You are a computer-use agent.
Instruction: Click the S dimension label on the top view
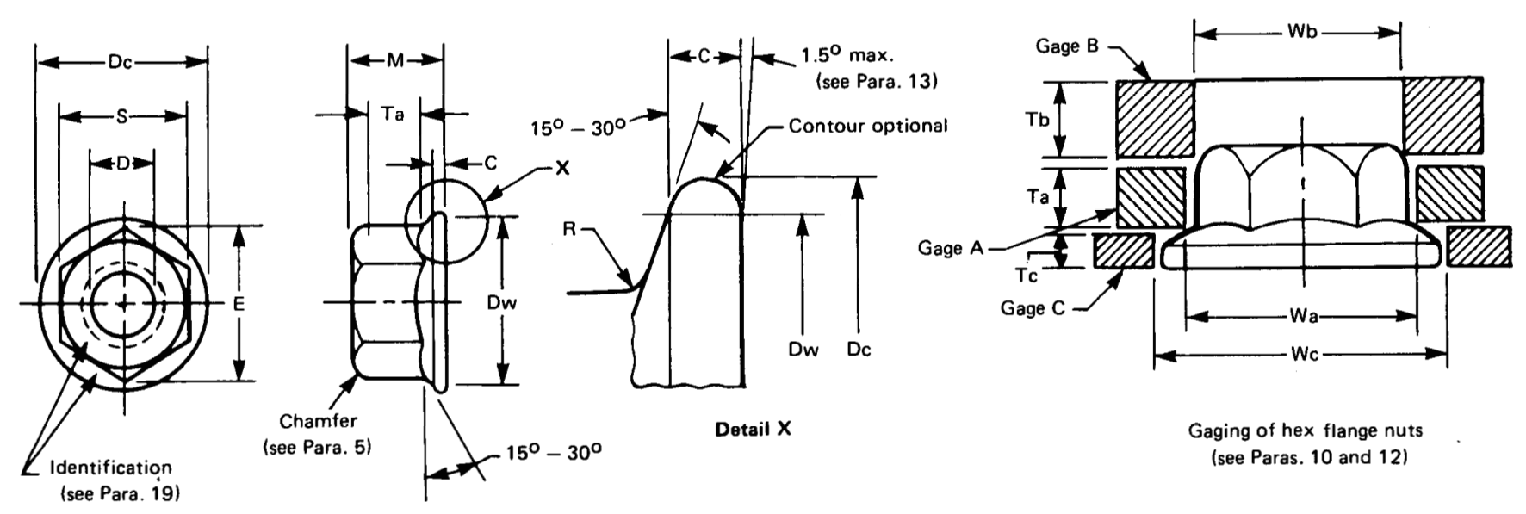click(121, 116)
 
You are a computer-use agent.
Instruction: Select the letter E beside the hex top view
click(239, 304)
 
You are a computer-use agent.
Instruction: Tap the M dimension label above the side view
click(394, 60)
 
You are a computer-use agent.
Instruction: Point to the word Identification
click(110, 468)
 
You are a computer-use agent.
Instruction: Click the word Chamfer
click(318, 421)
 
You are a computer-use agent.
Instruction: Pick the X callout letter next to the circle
click(562, 168)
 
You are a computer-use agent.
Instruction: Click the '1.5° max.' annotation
click(847, 56)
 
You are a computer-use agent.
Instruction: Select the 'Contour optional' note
click(867, 127)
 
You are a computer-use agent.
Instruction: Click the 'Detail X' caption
click(753, 429)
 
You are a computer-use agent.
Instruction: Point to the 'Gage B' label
click(1066, 46)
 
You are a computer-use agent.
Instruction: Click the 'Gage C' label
click(1033, 307)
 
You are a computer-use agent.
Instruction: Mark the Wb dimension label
click(1301, 32)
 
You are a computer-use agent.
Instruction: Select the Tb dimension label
click(1038, 119)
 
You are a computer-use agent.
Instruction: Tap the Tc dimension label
click(1027, 275)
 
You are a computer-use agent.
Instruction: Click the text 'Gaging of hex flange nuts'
click(1305, 430)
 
